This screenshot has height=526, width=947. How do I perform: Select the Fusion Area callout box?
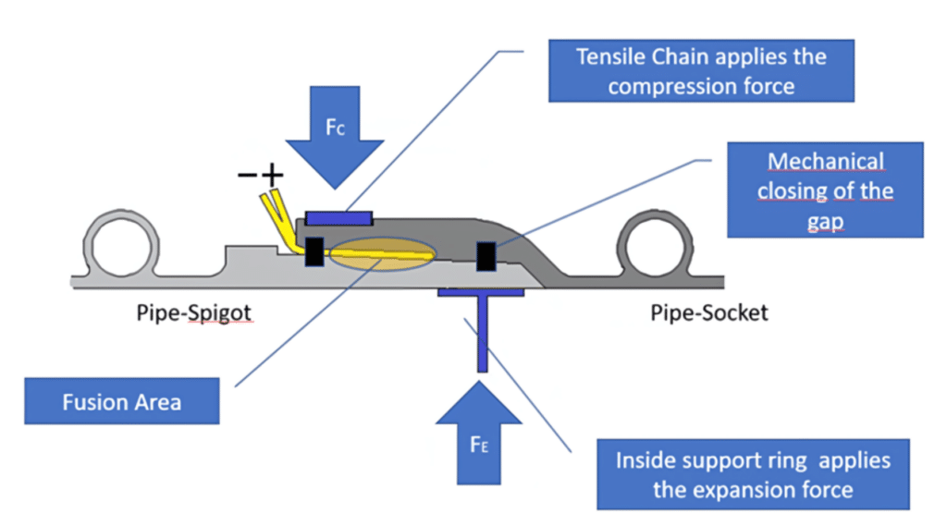pyautogui.click(x=122, y=402)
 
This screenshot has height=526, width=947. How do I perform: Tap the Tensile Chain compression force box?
pyautogui.click(x=701, y=71)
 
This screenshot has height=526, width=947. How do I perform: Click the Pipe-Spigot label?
pyautogui.click(x=191, y=313)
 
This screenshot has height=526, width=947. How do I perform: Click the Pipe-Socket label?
pyautogui.click(x=709, y=313)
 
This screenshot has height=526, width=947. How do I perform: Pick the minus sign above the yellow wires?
pyautogui.click(x=247, y=176)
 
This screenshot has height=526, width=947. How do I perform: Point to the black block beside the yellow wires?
pyautogui.click(x=314, y=251)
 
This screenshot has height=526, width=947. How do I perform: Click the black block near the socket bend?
pyautogui.click(x=486, y=255)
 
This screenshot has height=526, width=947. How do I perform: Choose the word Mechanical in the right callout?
pyautogui.click(x=826, y=162)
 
